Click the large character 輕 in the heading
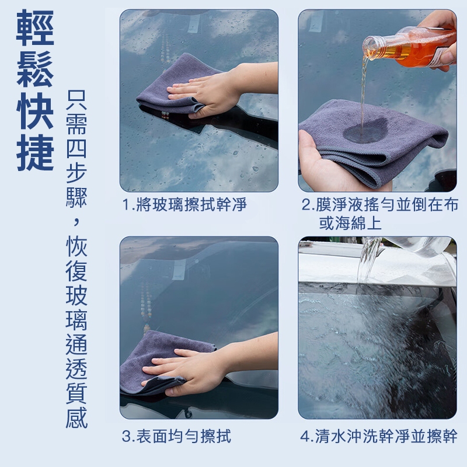pyautogui.click(x=35, y=27)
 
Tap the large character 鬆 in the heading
pyautogui.click(x=35, y=69)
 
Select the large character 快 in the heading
pyautogui.click(x=35, y=110)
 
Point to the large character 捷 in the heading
pyautogui.click(x=35, y=152)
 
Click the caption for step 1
pyautogui.click(x=184, y=205)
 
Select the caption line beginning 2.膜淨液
pyautogui.click(x=380, y=205)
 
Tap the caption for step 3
pyautogui.click(x=176, y=436)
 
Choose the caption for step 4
pyautogui.click(x=379, y=436)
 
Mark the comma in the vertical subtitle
pyautogui.click(x=77, y=221)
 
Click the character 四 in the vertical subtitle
pyautogui.click(x=76, y=148)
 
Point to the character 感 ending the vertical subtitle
pyautogui.click(x=76, y=417)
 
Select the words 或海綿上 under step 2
pyautogui.click(x=350, y=223)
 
